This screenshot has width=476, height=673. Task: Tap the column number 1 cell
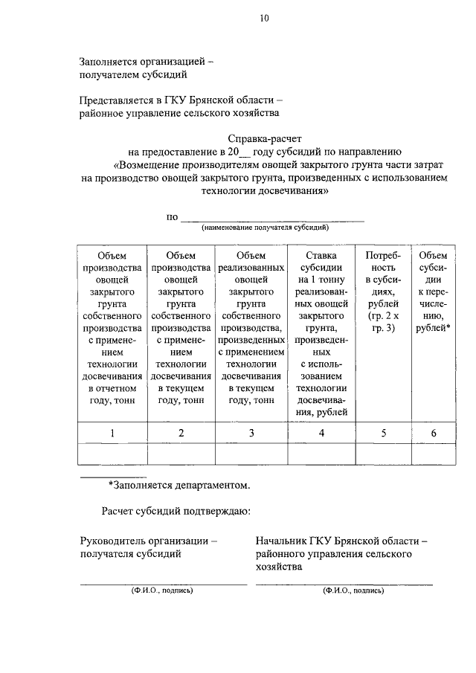coord(112,434)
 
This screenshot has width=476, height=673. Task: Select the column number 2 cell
coord(181,434)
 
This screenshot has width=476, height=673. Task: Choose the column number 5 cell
coord(383,434)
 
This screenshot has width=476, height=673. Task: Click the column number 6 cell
coord(433,434)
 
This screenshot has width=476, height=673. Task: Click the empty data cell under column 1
coord(112,454)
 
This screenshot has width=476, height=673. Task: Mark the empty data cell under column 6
coord(433,454)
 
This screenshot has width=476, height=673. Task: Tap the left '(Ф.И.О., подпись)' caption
coord(162,590)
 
